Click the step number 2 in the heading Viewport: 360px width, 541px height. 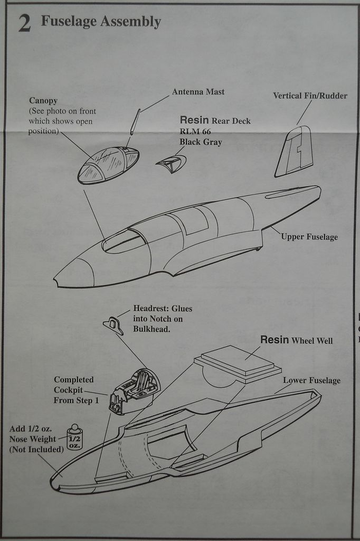(x=24, y=24)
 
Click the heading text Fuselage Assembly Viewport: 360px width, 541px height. (x=100, y=22)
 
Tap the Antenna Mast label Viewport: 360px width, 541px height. (x=198, y=92)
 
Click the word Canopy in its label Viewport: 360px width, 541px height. (x=43, y=100)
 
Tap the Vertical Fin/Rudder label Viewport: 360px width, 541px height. (x=310, y=96)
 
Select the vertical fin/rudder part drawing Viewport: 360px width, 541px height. (x=293, y=152)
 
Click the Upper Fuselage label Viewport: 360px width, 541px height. (x=309, y=237)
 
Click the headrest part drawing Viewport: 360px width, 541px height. (x=113, y=325)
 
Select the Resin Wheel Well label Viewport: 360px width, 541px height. (x=296, y=340)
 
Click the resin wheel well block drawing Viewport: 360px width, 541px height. (x=238, y=363)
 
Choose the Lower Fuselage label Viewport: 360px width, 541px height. (x=311, y=380)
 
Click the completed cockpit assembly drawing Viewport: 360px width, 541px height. (x=134, y=391)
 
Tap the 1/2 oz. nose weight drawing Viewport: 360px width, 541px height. (x=74, y=437)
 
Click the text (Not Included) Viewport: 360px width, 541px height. (x=36, y=449)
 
